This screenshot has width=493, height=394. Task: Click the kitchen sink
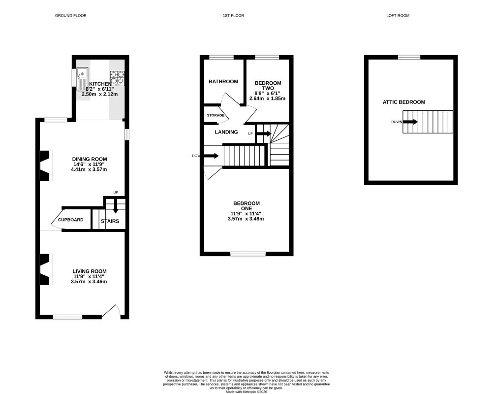pyautogui.click(x=82, y=79)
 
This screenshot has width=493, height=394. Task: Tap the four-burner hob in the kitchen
pyautogui.click(x=117, y=78)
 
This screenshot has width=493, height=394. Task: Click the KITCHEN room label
pyautogui.click(x=100, y=84)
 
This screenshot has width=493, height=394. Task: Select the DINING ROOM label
pyautogui.click(x=90, y=159)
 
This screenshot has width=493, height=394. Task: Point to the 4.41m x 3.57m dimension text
pyautogui.click(x=89, y=169)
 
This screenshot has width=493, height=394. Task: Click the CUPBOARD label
pyautogui.click(x=71, y=220)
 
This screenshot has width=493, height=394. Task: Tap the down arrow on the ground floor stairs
pyautogui.click(x=116, y=206)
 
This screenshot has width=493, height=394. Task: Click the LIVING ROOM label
pyautogui.click(x=90, y=271)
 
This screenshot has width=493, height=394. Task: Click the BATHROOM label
pyautogui.click(x=223, y=81)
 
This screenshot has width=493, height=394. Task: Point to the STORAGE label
pyautogui.click(x=216, y=116)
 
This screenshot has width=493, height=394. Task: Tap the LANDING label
pyautogui.click(x=226, y=132)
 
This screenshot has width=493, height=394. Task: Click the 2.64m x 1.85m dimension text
pyautogui.click(x=267, y=98)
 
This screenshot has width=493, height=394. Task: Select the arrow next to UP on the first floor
pyautogui.click(x=264, y=134)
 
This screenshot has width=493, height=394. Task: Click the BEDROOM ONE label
pyautogui.click(x=246, y=206)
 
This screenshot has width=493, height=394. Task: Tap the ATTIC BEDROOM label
pyautogui.click(x=404, y=102)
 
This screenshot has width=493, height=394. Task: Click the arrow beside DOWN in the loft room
pyautogui.click(x=410, y=122)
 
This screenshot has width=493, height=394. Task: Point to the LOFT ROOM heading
pyautogui.click(x=398, y=15)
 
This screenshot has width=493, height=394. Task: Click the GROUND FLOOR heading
pyautogui.click(x=71, y=15)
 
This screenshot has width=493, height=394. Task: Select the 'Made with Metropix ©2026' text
pyautogui.click(x=246, y=392)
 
